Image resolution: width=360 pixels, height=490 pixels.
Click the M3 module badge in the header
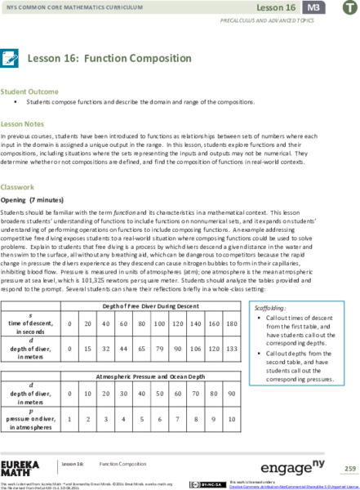pos(313,7)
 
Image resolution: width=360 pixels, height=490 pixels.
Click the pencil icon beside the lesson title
pos(11,58)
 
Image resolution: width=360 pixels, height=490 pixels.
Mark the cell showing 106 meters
pos(197,360)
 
